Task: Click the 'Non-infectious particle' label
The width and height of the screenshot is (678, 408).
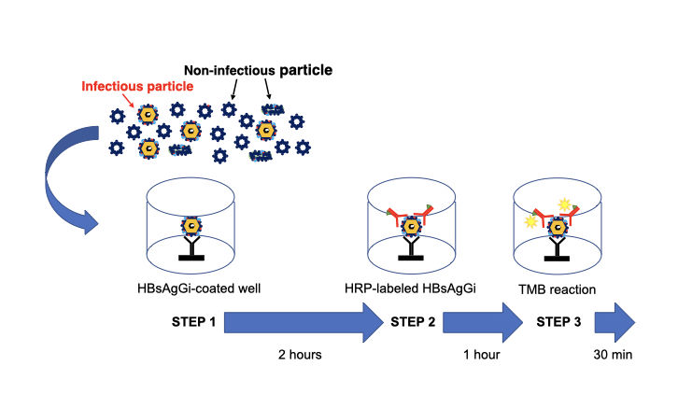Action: coord(259,71)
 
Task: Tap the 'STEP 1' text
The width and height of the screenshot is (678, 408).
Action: coord(194,322)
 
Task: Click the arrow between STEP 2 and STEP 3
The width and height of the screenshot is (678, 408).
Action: coord(484,323)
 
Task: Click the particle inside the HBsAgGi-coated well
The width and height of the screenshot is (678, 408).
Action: coord(191,226)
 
